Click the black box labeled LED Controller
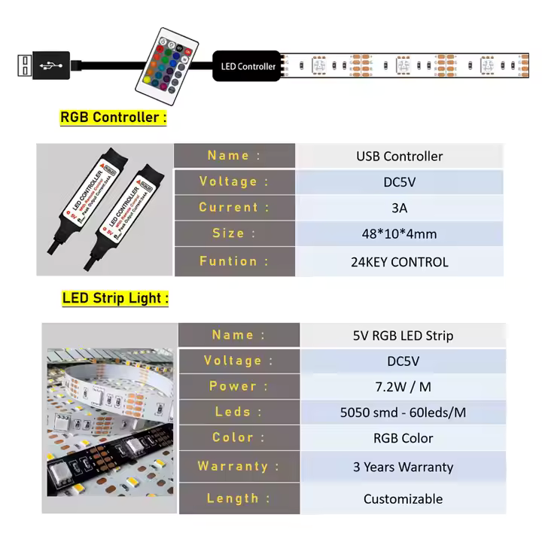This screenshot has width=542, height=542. [248, 66]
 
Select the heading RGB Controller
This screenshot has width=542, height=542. [112, 117]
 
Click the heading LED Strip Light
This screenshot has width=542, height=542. [115, 298]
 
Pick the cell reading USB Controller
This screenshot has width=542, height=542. [399, 157]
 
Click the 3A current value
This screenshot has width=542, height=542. [399, 208]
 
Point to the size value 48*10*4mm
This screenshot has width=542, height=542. [399, 234]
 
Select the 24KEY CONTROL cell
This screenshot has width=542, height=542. [399, 262]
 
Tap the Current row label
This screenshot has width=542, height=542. [234, 207]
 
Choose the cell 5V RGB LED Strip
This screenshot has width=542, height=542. [403, 336]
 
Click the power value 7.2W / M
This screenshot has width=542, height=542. [403, 387]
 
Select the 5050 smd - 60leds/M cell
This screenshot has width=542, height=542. [403, 413]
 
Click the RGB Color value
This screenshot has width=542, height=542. [403, 438]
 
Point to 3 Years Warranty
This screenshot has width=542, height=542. [403, 467]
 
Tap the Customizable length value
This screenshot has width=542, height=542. [403, 498]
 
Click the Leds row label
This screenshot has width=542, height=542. [239, 412]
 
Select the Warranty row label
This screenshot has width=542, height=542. [239, 466]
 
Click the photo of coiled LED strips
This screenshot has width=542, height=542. [110, 422]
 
